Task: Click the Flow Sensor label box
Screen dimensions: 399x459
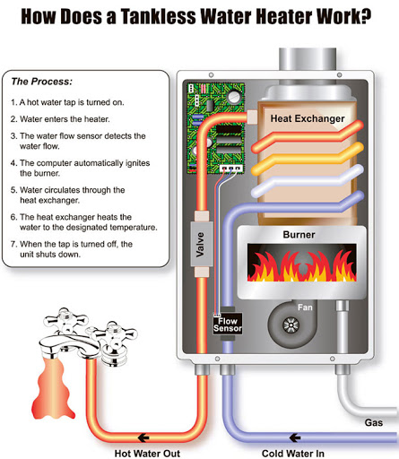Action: [x=228, y=324]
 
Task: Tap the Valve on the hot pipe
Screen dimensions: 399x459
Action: [x=202, y=244]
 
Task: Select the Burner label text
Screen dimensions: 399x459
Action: [x=299, y=235]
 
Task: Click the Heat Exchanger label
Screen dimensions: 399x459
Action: [x=308, y=118]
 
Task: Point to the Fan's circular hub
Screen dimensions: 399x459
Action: [x=291, y=325]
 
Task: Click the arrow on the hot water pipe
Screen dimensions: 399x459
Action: [x=143, y=437]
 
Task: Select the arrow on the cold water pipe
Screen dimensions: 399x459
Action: [x=295, y=437]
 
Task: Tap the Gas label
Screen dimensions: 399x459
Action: [x=374, y=422]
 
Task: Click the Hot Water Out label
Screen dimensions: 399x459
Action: [x=147, y=454]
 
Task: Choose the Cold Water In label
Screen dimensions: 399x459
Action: [x=293, y=454]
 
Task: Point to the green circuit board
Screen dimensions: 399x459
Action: [x=215, y=128]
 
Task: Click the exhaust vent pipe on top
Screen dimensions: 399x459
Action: [x=308, y=59]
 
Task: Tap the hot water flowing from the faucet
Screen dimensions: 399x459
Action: [x=52, y=387]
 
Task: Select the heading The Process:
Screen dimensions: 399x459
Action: [x=42, y=82]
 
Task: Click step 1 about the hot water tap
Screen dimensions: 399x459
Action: [x=67, y=102]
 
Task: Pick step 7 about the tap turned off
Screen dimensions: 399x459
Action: [x=72, y=249]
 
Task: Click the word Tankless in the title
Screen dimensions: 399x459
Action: [x=158, y=16]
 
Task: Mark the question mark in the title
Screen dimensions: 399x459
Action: [x=364, y=16]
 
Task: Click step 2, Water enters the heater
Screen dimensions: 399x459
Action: [x=60, y=119]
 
